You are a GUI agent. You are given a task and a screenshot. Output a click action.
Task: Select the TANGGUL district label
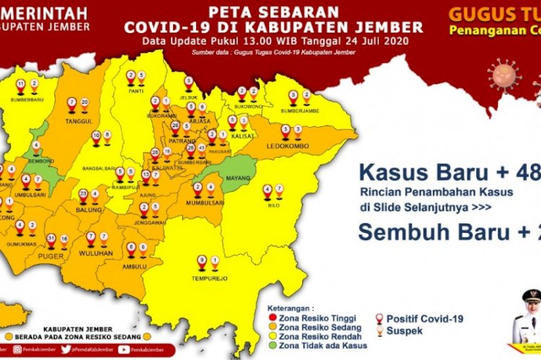[x=79, y=121]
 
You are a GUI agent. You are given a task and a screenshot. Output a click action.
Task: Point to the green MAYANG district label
[x=238, y=175]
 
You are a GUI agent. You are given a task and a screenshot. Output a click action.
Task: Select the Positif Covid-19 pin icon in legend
[x=379, y=318]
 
